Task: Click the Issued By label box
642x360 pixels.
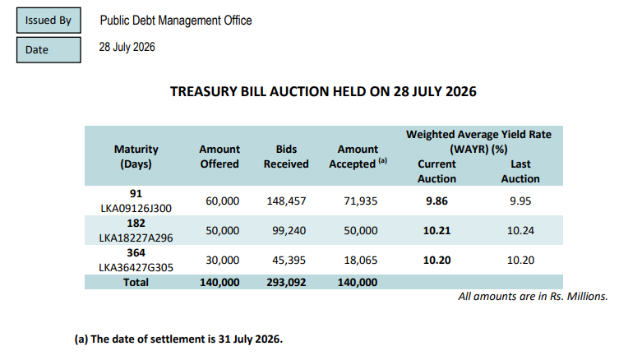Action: pos(48,20)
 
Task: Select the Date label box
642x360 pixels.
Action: pos(48,50)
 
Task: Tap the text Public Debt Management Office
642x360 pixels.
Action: pos(176,21)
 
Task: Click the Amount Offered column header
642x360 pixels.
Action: pos(219,156)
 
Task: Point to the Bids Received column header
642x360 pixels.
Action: pos(286,156)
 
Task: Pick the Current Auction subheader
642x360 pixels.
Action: pos(436,171)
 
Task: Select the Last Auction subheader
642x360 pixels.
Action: pos(520,171)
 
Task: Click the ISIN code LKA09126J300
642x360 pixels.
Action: pos(136,209)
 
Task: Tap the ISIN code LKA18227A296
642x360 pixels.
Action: pos(136,238)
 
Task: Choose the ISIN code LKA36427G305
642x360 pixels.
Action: pos(136,267)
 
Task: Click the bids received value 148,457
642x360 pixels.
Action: pos(286,201)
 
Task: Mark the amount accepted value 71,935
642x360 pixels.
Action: pos(361,201)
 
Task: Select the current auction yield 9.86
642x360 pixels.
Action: pos(436,201)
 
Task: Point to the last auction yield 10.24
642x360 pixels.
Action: pos(520,231)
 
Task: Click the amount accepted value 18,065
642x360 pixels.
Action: pos(361,260)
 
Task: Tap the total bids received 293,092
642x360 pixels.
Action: pos(286,282)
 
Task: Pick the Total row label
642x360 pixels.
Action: pos(136,282)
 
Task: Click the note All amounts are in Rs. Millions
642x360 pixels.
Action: pos(533,296)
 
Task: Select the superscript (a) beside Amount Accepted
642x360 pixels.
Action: pos(383,160)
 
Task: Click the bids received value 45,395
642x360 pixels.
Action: pos(289,260)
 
